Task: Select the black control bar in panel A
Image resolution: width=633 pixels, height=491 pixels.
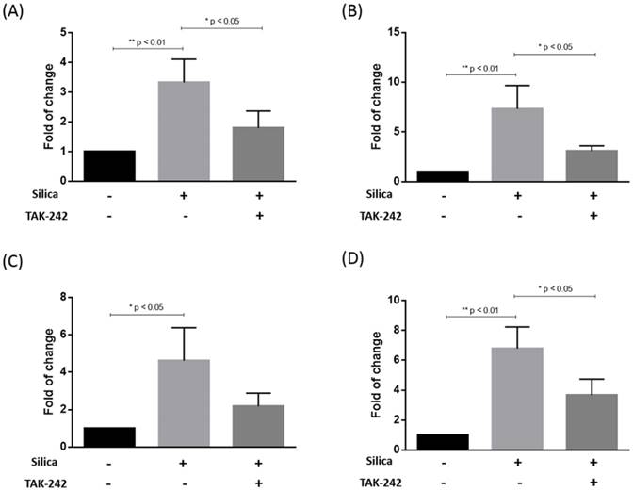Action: pos(109,165)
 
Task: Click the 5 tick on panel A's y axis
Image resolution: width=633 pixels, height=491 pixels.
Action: pos(64,33)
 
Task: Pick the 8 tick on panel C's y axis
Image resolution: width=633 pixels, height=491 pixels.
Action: pos(64,298)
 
